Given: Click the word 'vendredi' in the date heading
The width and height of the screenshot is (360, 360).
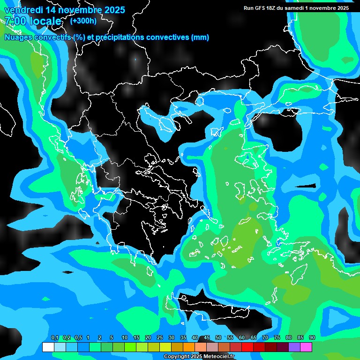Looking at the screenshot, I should [23, 10].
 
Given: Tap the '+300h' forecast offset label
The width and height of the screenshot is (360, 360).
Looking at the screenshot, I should [83, 21].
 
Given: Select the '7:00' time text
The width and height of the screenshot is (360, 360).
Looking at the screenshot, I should [15, 21].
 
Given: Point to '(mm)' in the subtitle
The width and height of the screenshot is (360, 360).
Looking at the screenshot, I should [200, 37].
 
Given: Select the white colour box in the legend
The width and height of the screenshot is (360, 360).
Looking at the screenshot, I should [48, 347].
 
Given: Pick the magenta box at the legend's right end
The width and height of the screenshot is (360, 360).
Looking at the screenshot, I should [306, 347].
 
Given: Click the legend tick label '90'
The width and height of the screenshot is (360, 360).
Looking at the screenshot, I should [312, 338].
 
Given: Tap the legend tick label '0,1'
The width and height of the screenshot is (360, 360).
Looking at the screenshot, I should [54, 338].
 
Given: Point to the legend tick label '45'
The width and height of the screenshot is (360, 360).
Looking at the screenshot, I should [207, 338].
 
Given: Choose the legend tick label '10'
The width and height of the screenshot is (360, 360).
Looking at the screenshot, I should [125, 338].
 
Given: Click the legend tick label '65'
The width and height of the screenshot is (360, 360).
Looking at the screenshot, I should [254, 338].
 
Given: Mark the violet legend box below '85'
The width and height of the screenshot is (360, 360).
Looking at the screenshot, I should [294, 347].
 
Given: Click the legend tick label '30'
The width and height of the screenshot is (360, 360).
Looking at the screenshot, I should [172, 338].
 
